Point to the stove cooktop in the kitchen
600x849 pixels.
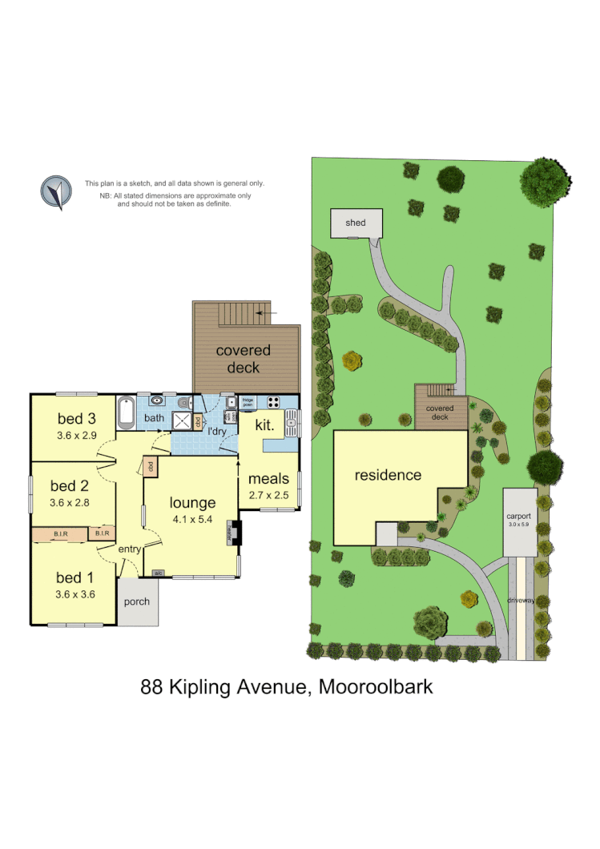click(273, 403)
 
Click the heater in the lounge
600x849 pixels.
click(234, 533)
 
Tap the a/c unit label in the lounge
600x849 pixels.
click(158, 573)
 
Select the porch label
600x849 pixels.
click(137, 602)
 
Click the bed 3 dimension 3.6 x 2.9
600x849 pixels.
click(76, 437)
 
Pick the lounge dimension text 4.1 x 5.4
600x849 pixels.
click(192, 520)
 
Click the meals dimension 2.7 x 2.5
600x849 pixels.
click(268, 495)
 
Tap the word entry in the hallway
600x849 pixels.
click(129, 549)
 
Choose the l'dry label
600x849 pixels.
click(217, 432)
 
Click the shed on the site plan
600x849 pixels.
click(356, 223)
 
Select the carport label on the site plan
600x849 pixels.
click(519, 517)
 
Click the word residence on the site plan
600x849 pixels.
click(388, 475)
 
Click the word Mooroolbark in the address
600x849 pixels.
click(376, 686)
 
